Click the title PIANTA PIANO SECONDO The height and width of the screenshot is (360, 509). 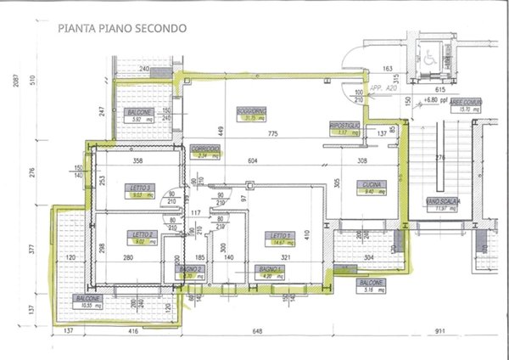pyautogui.click(x=123, y=27)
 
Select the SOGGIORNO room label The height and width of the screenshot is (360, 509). pyautogui.click(x=254, y=110)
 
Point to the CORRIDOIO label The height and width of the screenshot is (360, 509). pyautogui.click(x=205, y=148)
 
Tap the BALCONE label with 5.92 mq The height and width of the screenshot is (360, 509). pyautogui.click(x=141, y=112)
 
